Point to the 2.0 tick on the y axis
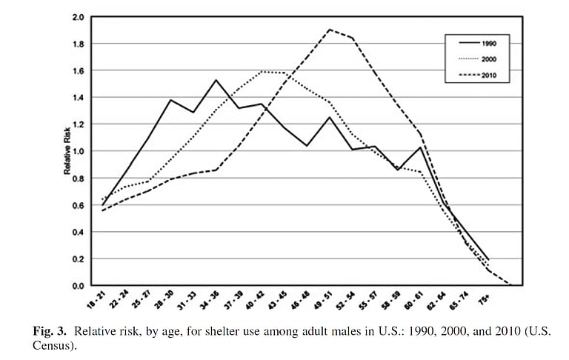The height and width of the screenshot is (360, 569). click(x=78, y=16)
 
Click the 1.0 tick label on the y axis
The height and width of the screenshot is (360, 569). click(x=78, y=151)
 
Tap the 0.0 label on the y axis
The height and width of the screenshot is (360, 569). click(x=78, y=286)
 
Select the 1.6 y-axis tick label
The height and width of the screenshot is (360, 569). click(x=78, y=70)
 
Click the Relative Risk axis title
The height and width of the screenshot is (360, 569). click(x=67, y=151)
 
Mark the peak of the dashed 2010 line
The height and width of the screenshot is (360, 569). click(x=329, y=30)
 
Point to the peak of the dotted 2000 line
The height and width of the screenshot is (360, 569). click(x=263, y=71)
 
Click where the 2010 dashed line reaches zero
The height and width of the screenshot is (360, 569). click(x=512, y=285)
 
